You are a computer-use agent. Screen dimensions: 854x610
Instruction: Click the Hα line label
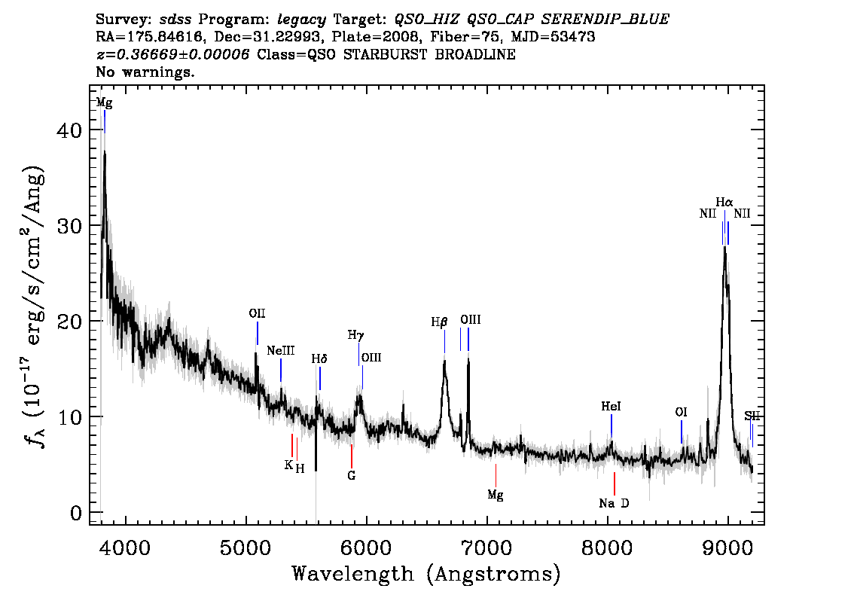tap(724, 203)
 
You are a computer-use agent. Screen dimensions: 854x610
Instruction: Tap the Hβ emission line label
tap(439, 322)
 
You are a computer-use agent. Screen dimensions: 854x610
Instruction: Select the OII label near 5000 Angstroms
tap(257, 313)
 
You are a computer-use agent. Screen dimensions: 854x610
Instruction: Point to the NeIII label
tap(280, 351)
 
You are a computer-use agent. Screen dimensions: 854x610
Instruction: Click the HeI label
tap(611, 407)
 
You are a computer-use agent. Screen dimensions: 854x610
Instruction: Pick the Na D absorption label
tap(614, 503)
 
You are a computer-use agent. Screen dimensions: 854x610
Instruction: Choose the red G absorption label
tap(351, 475)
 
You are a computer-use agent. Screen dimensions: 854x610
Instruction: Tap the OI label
tap(681, 412)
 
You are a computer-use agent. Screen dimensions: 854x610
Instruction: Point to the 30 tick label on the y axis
tap(70, 225)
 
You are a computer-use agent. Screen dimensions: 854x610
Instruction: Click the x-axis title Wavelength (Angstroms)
tap(426, 574)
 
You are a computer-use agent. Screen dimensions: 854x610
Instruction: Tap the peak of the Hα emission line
tap(724, 247)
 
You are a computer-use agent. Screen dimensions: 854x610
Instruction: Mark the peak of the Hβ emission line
tap(444, 360)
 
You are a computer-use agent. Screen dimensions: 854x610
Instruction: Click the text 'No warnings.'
tap(145, 72)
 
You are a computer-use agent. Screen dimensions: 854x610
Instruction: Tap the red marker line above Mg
tap(496, 475)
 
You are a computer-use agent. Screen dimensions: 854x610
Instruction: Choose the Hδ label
tap(319, 359)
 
